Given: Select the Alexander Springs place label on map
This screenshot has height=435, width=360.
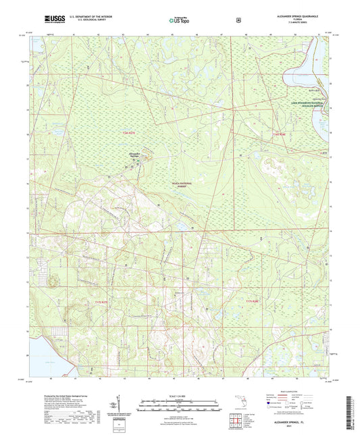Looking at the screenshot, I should point(135,155).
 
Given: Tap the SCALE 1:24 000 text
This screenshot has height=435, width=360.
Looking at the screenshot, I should point(179,395).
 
